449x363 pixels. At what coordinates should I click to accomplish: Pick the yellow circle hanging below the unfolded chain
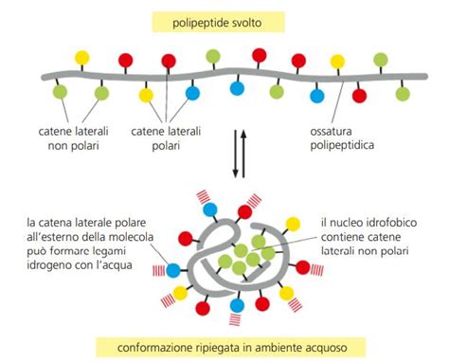(x=146, y=95)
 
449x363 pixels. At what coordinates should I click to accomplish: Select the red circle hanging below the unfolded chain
(x=360, y=95)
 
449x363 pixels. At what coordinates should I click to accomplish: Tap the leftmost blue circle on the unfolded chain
(x=193, y=94)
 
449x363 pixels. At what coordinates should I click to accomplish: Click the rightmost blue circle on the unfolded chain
(x=317, y=96)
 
